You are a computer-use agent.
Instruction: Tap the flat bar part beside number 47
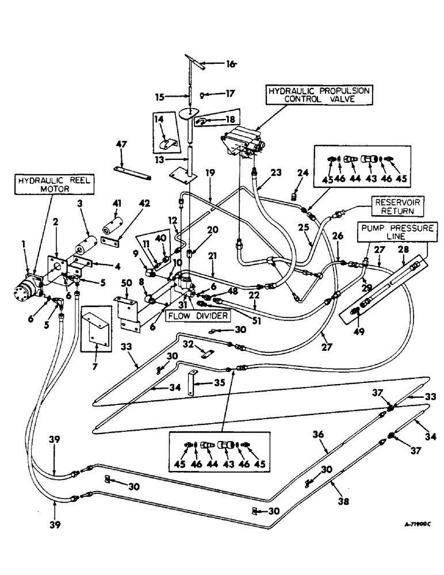click(132, 173)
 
